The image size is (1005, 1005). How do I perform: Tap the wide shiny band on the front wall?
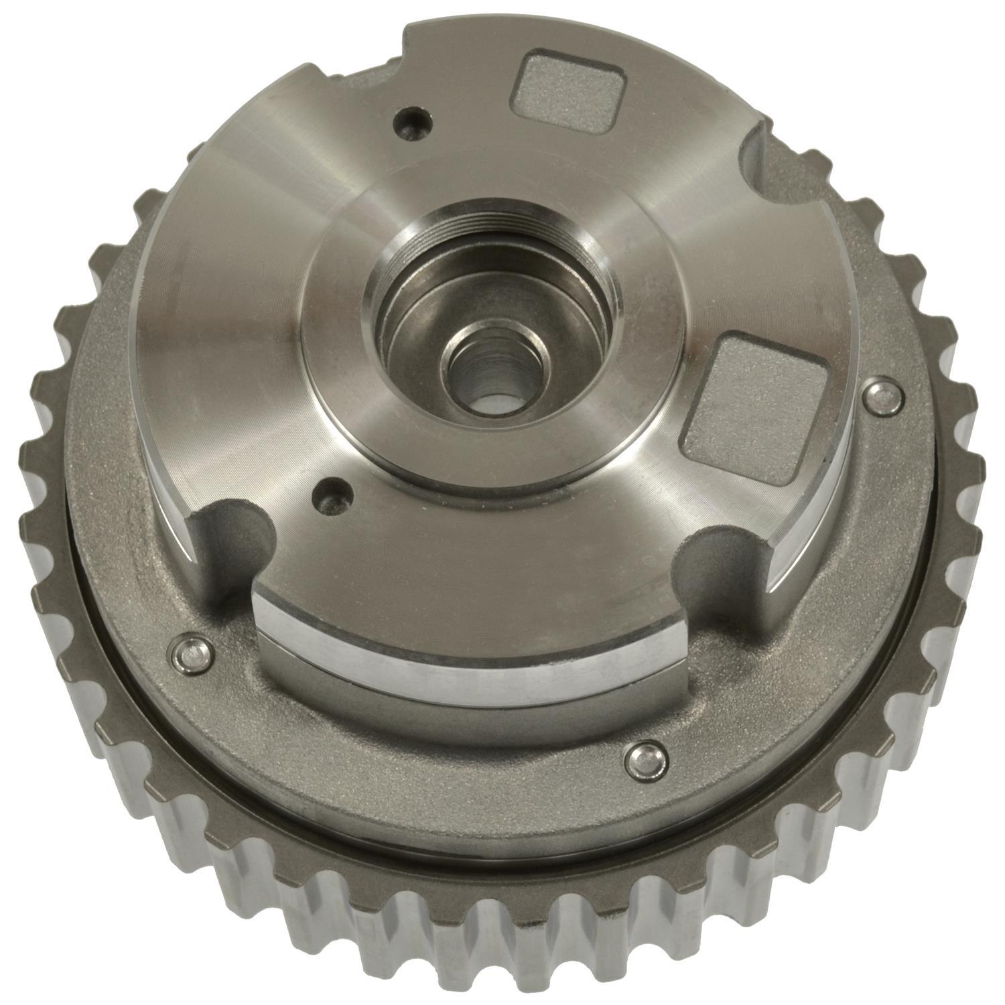pos(469,643)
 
